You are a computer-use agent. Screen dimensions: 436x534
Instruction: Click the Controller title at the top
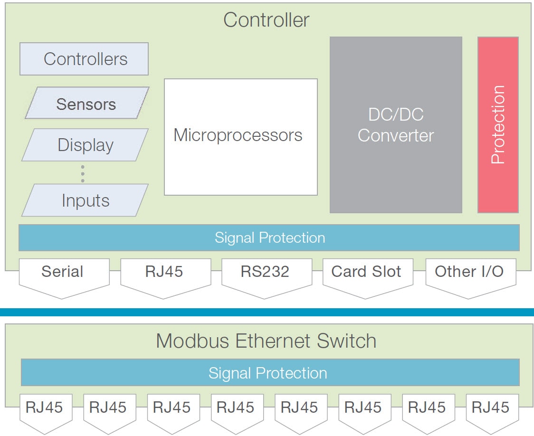[266, 20]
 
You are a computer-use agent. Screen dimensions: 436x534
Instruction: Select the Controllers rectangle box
[84, 59]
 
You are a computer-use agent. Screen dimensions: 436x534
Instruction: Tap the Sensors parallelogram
[86, 104]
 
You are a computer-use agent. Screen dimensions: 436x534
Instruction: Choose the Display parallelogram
[86, 145]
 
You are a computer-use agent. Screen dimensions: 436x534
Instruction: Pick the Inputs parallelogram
[86, 200]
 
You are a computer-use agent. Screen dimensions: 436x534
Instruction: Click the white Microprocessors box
[240, 137]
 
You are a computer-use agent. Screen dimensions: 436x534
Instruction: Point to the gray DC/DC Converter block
[396, 125]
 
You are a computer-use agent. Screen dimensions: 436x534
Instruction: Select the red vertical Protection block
[497, 125]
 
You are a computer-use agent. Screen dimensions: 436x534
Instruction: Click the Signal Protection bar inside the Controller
[269, 237]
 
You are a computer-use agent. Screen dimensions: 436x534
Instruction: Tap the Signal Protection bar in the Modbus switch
[269, 372]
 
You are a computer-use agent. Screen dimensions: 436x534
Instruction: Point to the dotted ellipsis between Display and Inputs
[83, 174]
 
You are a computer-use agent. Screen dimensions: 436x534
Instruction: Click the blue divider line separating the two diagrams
[267, 312]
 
